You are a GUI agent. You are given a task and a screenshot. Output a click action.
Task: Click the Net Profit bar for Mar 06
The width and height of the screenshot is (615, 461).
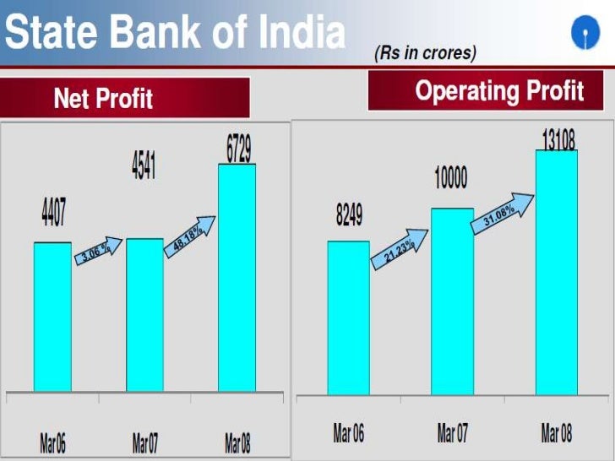(52, 317)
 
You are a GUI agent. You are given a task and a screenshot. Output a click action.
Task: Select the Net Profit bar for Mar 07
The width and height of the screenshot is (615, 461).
(145, 315)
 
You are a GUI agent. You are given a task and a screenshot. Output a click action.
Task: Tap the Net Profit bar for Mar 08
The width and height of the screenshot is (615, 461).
(237, 278)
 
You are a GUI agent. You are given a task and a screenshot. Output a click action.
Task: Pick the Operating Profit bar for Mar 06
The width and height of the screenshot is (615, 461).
(348, 317)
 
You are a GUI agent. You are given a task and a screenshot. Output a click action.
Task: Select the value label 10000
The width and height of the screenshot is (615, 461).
(451, 179)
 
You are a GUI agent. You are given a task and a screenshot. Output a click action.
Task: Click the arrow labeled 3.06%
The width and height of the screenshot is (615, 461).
(98, 252)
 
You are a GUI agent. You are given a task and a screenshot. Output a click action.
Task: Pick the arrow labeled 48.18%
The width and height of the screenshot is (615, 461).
(190, 236)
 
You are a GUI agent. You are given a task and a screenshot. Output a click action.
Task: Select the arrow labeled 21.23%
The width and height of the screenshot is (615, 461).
(399, 250)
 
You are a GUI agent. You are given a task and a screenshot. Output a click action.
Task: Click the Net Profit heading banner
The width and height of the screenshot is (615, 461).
(125, 98)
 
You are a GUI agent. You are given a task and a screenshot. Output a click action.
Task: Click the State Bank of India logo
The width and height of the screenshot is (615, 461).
(582, 34)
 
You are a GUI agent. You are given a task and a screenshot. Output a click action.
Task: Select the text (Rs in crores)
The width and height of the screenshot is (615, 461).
(425, 53)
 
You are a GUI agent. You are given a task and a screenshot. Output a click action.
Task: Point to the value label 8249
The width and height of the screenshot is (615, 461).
(348, 215)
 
